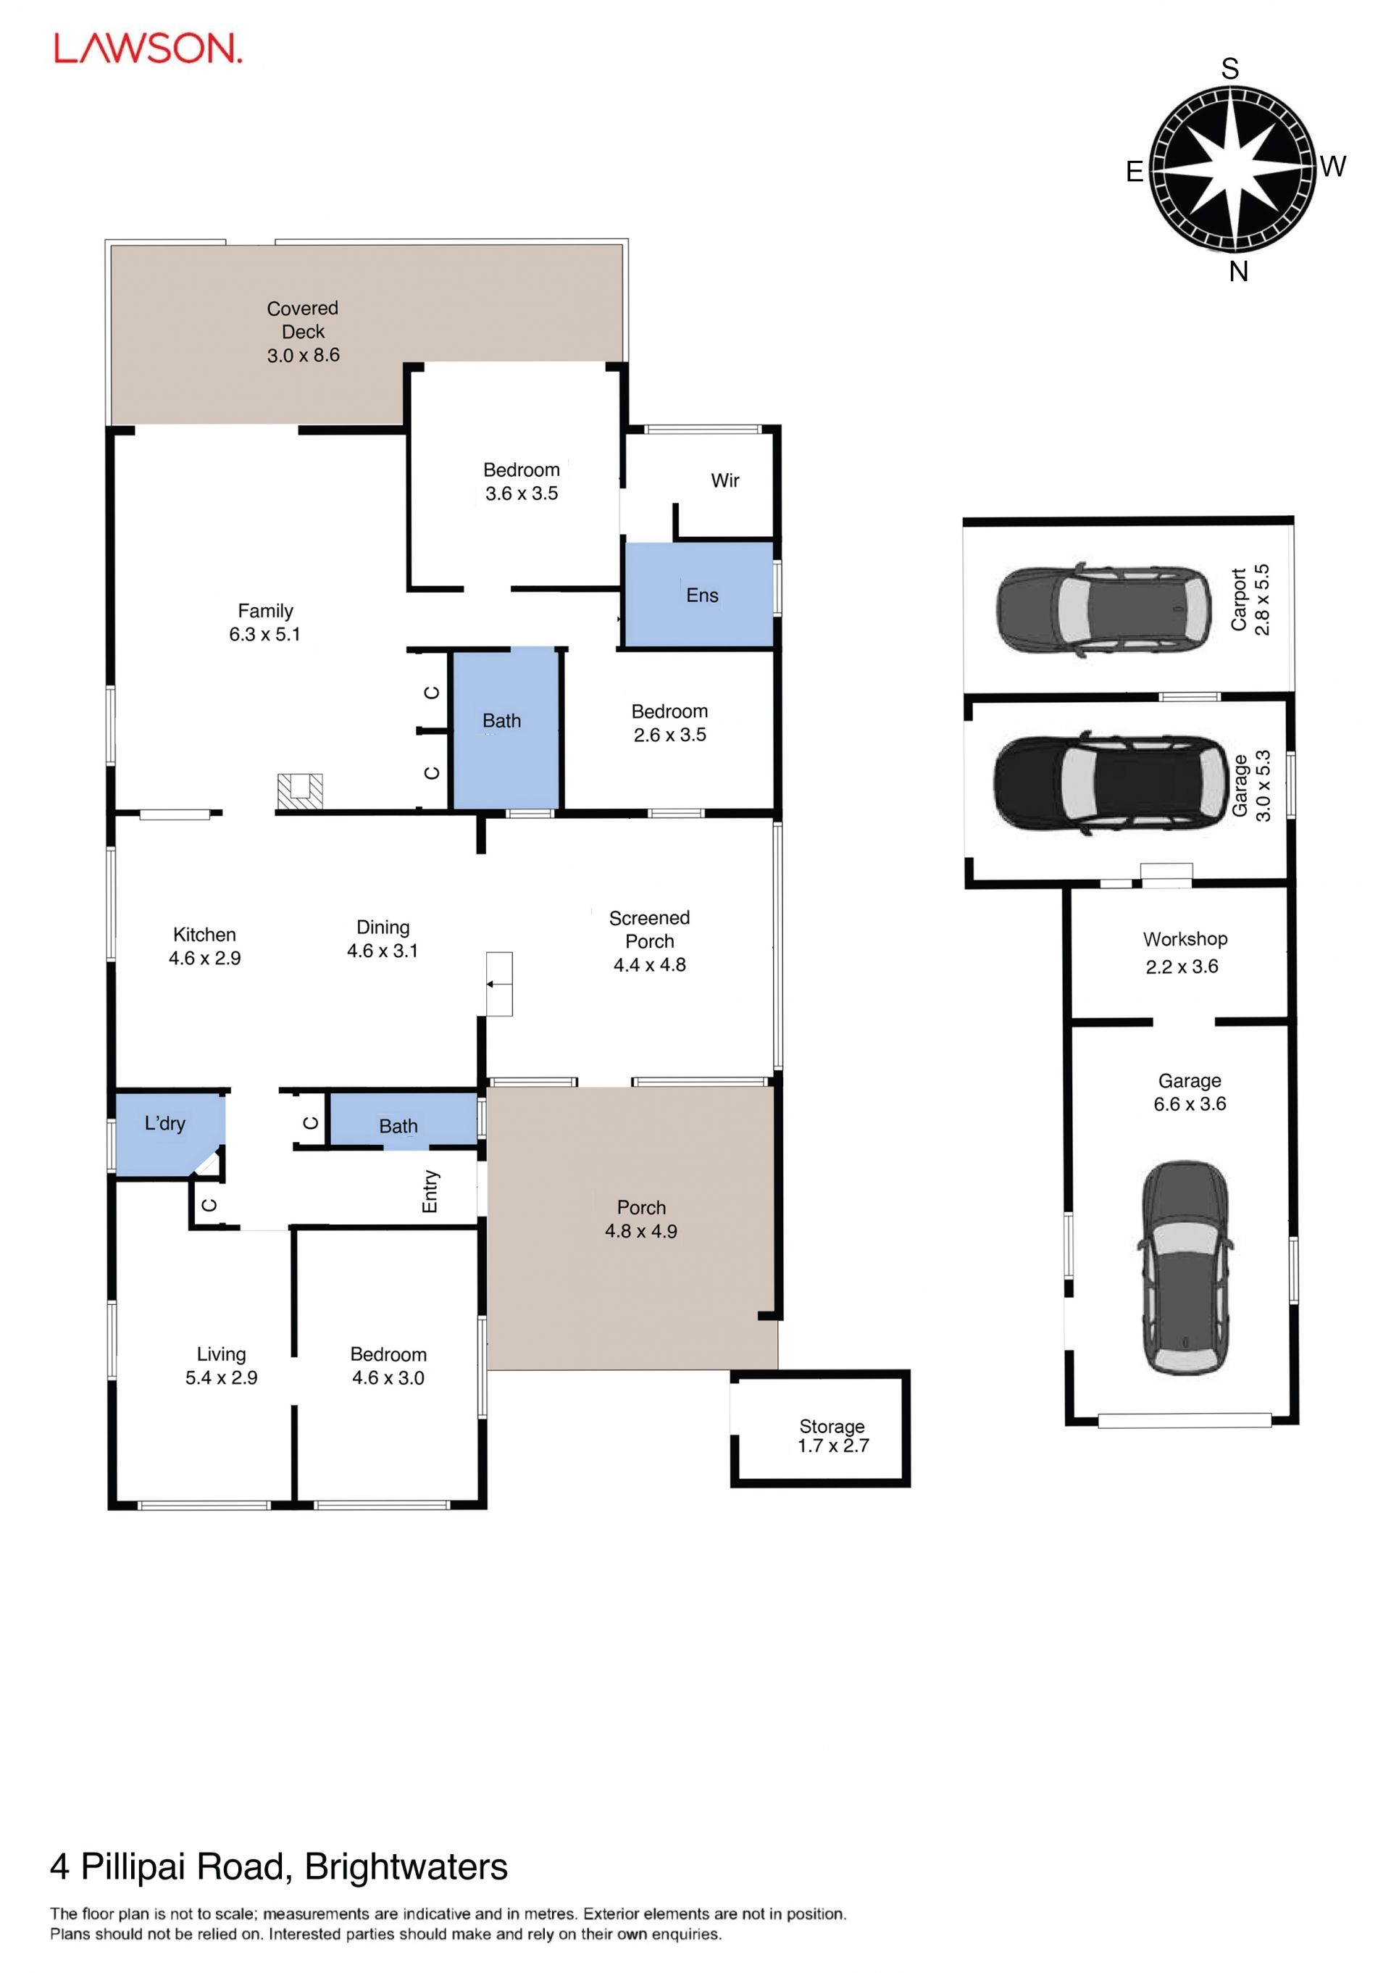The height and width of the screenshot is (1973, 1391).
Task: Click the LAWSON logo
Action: (x=148, y=49)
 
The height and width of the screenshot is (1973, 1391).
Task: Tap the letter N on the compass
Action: (x=1237, y=272)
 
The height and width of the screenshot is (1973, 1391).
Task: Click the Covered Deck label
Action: (x=302, y=320)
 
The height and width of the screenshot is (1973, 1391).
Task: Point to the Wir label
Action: (x=724, y=480)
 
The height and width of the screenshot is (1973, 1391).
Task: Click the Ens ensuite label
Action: (x=702, y=596)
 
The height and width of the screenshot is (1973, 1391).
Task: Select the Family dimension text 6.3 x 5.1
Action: (x=264, y=634)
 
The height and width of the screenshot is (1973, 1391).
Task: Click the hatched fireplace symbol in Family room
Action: (x=300, y=791)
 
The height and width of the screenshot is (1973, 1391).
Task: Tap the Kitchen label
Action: (x=204, y=934)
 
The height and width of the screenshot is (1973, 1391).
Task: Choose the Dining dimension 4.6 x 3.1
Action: (x=383, y=951)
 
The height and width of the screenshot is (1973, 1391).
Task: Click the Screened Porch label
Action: (x=650, y=929)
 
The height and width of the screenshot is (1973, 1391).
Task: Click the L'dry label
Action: (x=165, y=1123)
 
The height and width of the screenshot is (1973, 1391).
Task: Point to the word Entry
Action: (x=430, y=1192)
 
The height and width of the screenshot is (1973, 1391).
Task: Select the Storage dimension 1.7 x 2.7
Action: (x=832, y=1446)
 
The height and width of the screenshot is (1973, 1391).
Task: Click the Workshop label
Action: (x=1185, y=939)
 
